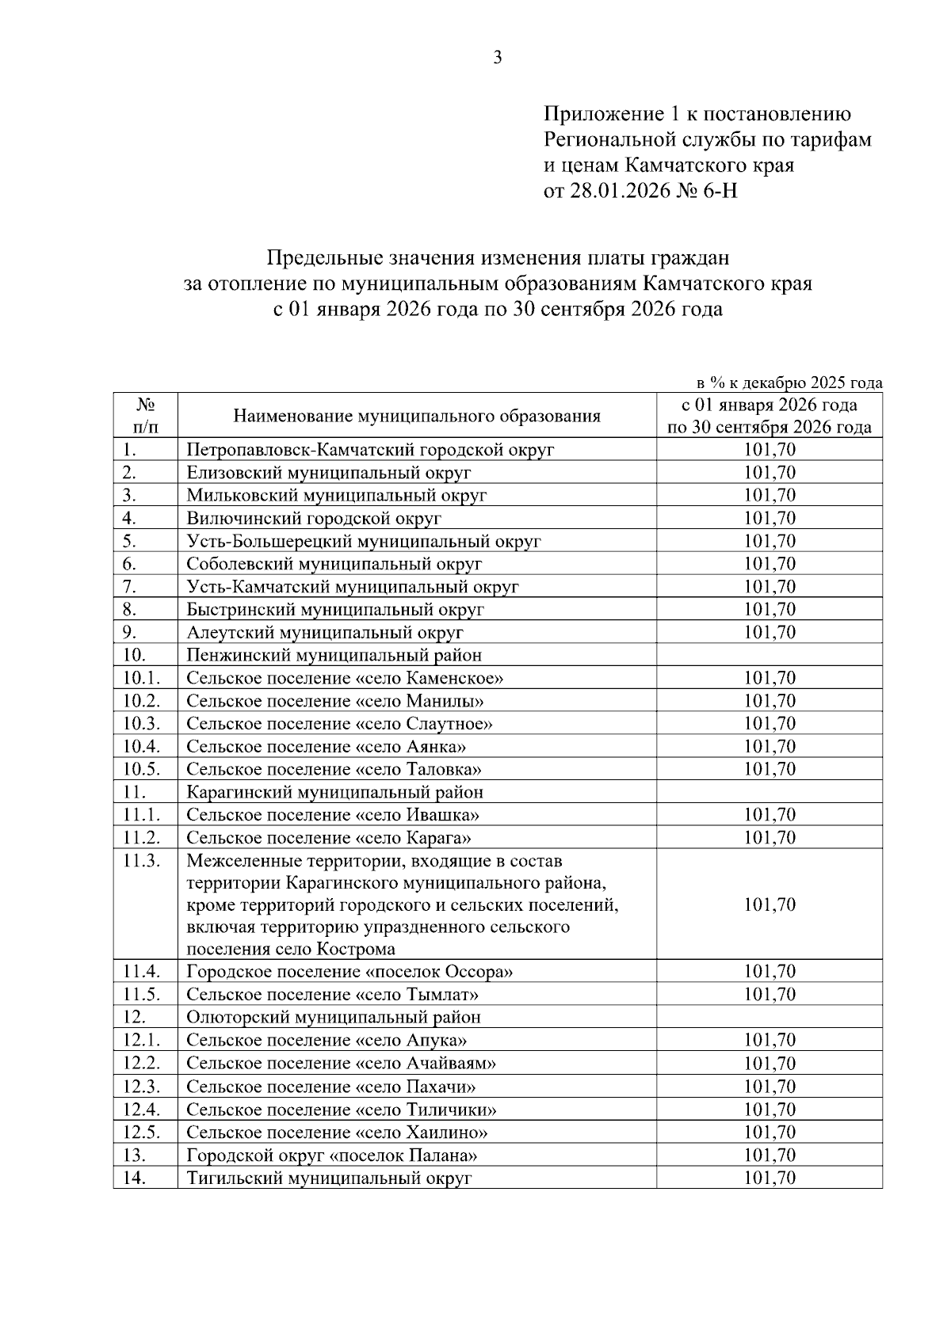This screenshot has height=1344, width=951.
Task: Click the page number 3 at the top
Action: pos(498,58)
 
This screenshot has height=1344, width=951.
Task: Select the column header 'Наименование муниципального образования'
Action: pos(416,417)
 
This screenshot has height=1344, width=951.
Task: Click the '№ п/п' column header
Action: pos(145,417)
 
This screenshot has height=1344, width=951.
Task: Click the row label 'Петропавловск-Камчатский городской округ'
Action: pos(370,450)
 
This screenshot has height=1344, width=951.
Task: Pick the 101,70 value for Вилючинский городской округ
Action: pos(769,519)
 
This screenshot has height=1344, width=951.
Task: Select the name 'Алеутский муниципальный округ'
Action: pos(325,633)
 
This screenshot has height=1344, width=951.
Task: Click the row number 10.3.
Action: pos(142,724)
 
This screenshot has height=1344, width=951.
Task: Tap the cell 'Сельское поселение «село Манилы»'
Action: pos(335,701)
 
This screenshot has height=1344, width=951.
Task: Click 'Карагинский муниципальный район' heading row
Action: pos(334,792)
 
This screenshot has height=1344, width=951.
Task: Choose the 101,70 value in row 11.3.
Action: pos(769,904)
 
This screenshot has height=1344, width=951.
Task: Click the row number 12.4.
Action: pos(142,1109)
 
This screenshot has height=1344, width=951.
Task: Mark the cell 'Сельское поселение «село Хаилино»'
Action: pos(337,1132)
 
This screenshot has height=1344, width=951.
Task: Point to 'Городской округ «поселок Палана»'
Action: pos(331,1155)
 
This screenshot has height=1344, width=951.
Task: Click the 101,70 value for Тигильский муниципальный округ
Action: pos(769,1178)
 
